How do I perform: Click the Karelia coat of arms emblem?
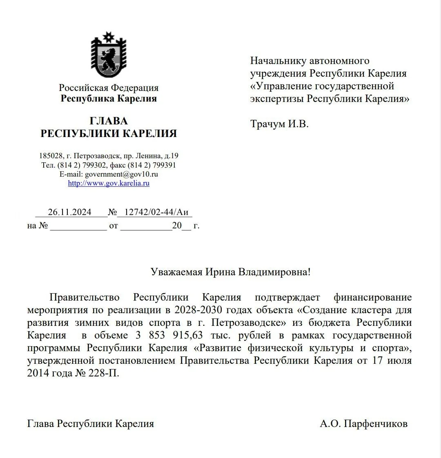(x=108, y=55)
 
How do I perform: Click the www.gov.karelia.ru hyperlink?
(x=109, y=183)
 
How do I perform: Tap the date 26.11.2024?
(x=70, y=212)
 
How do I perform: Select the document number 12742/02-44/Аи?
(x=156, y=212)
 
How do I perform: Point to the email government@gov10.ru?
(x=121, y=174)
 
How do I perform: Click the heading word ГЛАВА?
(x=109, y=121)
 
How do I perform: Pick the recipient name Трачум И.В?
(x=279, y=124)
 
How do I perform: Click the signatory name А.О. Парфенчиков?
(x=363, y=424)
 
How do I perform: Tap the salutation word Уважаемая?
(x=176, y=272)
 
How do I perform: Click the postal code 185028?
(x=51, y=156)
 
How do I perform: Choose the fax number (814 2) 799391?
(x=152, y=165)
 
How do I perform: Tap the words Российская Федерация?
(x=109, y=88)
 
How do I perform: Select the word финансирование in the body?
(x=372, y=297)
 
